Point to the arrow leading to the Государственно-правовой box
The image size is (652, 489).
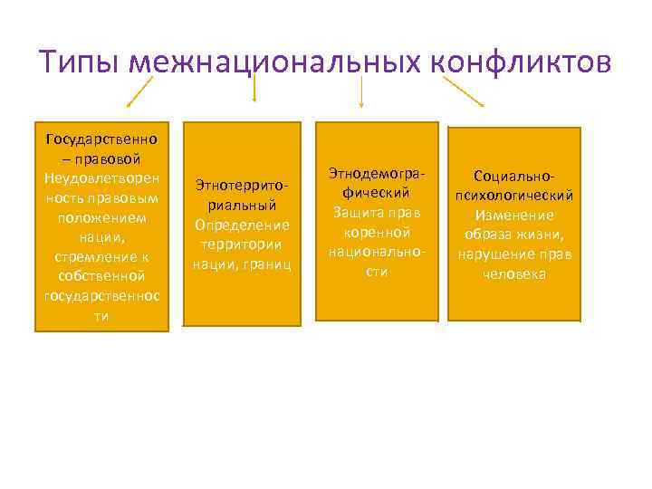(x=137, y=91)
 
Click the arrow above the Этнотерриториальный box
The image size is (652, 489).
(x=254, y=88)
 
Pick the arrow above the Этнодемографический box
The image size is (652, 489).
(x=362, y=91)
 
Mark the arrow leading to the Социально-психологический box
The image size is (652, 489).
(x=464, y=91)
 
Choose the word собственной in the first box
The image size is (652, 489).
(x=101, y=275)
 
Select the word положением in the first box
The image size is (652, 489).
(x=101, y=217)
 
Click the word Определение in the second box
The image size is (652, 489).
(x=242, y=224)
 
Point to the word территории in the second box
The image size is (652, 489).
(x=242, y=244)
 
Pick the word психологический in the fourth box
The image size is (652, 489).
(x=514, y=196)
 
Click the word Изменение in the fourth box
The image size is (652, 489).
(x=514, y=216)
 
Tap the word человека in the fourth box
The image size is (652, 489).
(x=514, y=273)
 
